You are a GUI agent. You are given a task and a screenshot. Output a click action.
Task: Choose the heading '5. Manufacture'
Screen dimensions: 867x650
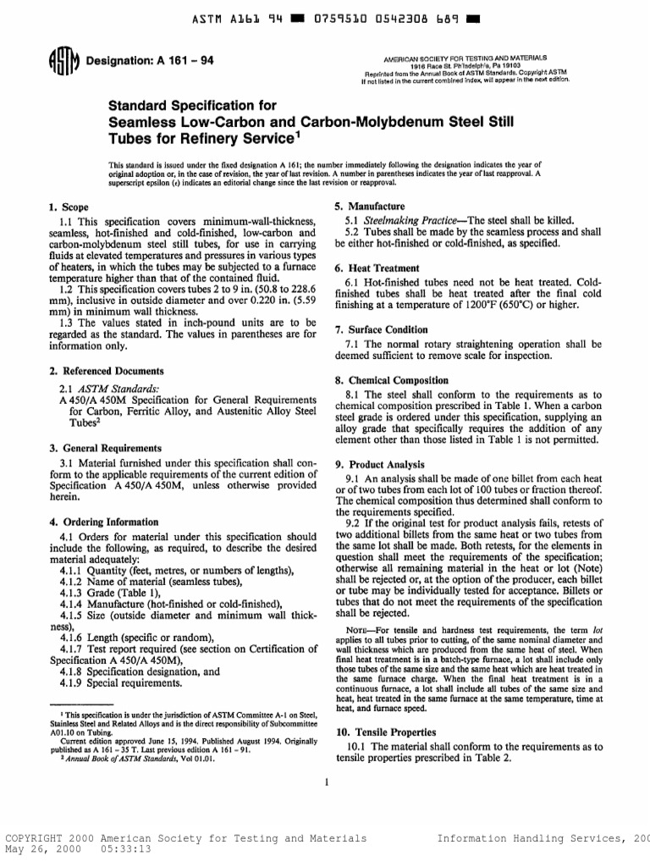[x=370, y=207]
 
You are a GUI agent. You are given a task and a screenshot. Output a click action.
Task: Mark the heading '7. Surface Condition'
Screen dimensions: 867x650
[x=382, y=329]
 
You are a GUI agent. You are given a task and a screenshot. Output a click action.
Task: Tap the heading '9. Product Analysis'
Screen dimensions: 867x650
[x=380, y=465]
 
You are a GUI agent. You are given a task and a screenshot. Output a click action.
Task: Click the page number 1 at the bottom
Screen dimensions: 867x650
[x=326, y=781]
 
